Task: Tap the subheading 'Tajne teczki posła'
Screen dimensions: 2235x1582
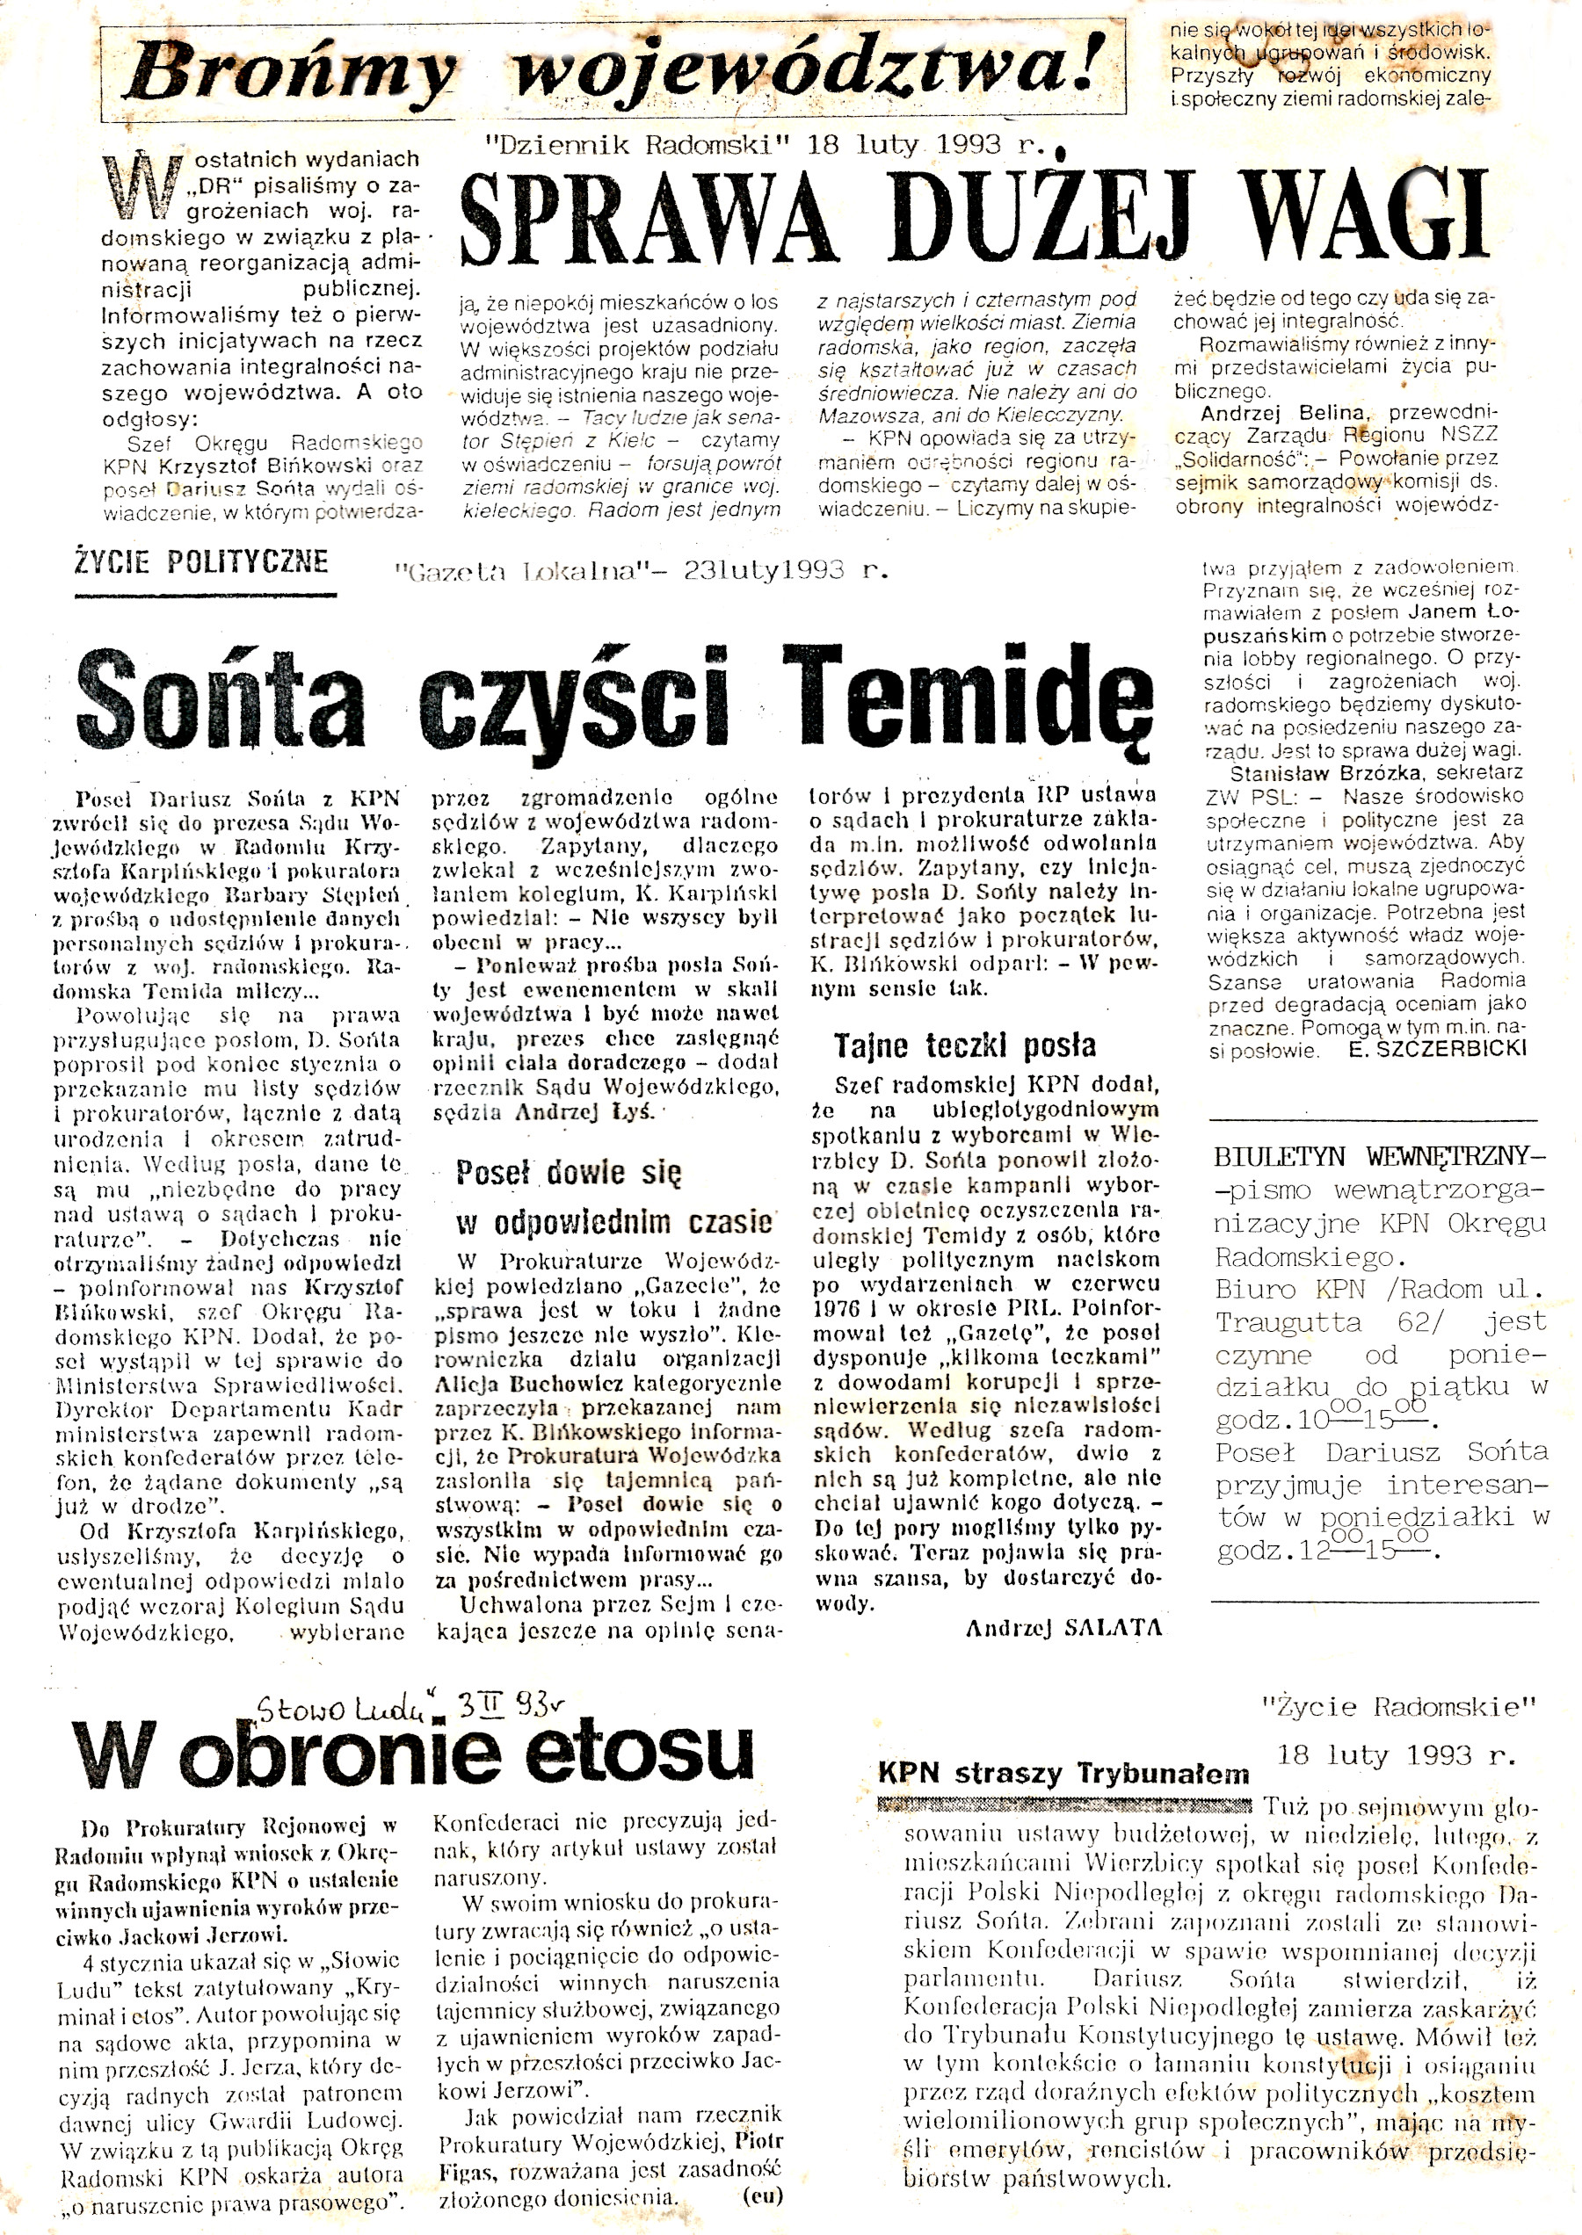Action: tap(964, 1047)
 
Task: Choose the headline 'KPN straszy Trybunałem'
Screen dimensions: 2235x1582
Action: tap(1063, 1772)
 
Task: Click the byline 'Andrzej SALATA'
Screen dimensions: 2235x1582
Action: tap(1063, 1627)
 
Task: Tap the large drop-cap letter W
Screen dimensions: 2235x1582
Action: tap(143, 185)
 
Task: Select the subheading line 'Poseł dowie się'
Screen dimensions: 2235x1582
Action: tap(569, 1174)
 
